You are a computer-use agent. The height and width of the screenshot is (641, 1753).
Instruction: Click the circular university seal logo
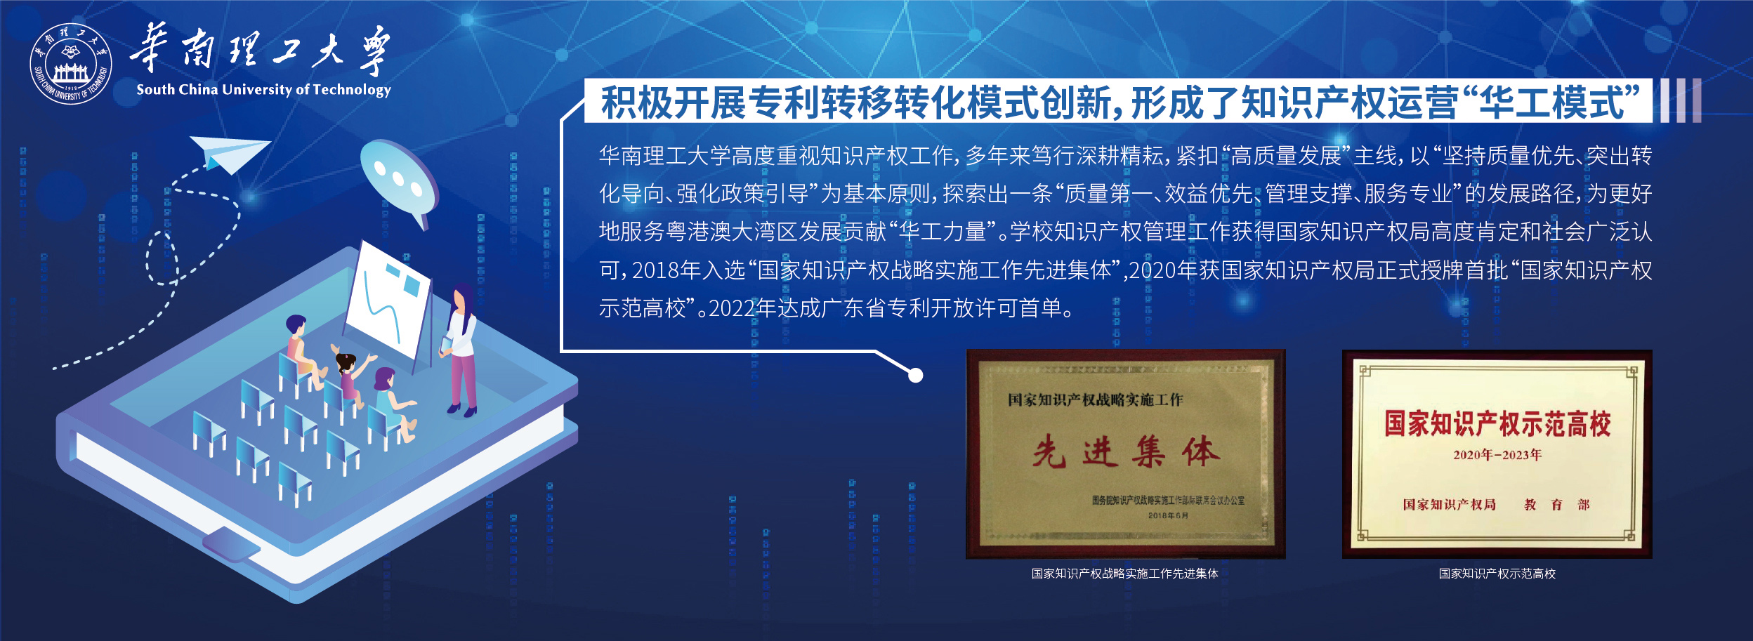[x=70, y=64]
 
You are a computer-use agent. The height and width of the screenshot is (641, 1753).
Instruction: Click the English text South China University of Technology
[x=263, y=89]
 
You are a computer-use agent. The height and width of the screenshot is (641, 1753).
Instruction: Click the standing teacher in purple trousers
[x=460, y=349]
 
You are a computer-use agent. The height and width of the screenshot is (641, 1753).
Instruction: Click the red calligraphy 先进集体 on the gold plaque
[x=1126, y=450]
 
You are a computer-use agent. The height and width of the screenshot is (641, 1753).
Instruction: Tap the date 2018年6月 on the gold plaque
[x=1168, y=515]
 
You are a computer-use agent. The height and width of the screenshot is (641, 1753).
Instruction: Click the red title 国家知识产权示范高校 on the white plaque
[x=1497, y=424]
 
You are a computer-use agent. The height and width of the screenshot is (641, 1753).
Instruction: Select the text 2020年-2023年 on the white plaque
[x=1497, y=455]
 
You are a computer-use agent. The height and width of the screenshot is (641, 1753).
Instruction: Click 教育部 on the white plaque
[x=1556, y=505]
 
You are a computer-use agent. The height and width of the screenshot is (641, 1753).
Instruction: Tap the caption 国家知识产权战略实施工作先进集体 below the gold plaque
[x=1124, y=574]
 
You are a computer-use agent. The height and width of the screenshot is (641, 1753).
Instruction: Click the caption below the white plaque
[x=1497, y=574]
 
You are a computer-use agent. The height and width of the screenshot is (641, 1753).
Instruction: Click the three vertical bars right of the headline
[x=1681, y=100]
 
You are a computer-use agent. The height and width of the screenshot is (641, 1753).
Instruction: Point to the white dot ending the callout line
[x=915, y=376]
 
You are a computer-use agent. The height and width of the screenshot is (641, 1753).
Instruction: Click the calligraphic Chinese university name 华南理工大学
[x=260, y=51]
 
